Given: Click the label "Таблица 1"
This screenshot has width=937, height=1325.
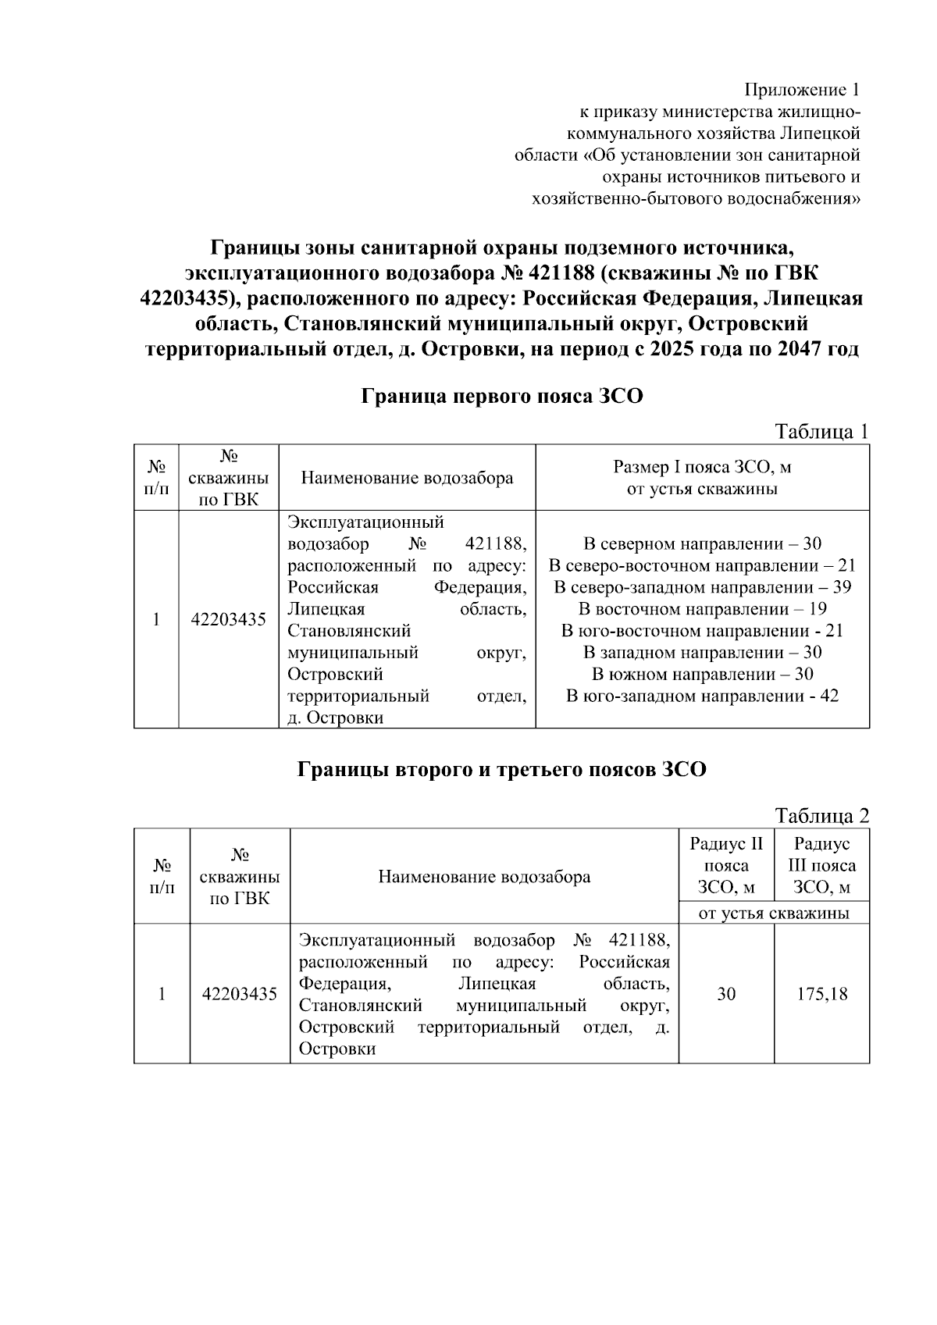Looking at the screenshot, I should tap(821, 432).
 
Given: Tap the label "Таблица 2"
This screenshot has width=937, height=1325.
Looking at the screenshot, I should tap(821, 816).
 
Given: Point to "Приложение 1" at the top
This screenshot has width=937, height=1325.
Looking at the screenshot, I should tap(806, 89).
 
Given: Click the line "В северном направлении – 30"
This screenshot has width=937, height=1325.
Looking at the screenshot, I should tap(702, 543).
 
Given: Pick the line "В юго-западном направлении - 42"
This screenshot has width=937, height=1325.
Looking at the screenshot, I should tap(702, 696).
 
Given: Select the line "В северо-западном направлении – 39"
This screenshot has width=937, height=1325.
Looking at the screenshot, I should tap(702, 587).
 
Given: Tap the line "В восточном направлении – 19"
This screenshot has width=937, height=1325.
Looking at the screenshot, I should tap(702, 609).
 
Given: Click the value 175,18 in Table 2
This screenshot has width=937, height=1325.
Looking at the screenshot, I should tap(821, 994).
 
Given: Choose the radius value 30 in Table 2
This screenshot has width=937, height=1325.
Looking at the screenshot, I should tap(726, 994).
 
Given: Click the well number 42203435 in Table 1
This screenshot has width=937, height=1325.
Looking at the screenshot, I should tap(229, 620).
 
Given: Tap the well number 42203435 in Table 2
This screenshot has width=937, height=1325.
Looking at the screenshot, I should tap(240, 994).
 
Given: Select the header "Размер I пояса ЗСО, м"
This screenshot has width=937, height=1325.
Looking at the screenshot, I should tap(702, 467).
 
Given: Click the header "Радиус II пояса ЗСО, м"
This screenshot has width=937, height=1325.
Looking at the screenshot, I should tap(726, 865).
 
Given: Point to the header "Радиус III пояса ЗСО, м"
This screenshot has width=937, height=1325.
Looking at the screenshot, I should tap(821, 865).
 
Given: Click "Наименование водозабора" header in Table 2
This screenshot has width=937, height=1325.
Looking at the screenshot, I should tap(484, 877).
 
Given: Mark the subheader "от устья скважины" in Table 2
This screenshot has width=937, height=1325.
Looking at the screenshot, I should tap(774, 913).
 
